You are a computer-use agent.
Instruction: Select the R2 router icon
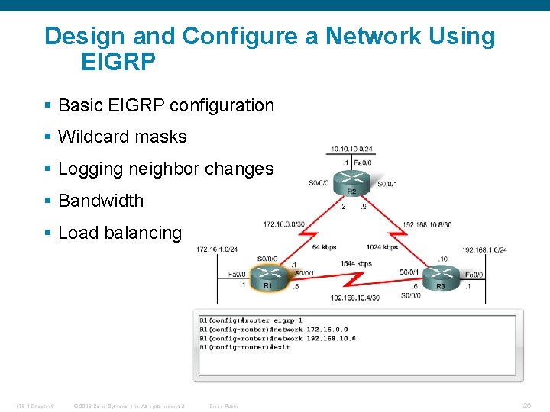click(x=352, y=181)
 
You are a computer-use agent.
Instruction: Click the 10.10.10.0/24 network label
click(x=351, y=149)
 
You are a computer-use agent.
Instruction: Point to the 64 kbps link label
click(x=325, y=247)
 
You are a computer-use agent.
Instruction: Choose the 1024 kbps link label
click(x=381, y=247)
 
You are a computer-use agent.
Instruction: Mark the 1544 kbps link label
click(x=355, y=264)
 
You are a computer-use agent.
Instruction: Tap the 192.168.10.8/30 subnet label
click(x=426, y=225)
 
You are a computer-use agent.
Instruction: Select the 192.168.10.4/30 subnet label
click(x=354, y=298)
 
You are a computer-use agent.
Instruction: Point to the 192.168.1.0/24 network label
click(x=484, y=249)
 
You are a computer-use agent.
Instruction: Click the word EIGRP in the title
click(x=118, y=62)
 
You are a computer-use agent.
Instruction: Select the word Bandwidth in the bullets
click(x=101, y=201)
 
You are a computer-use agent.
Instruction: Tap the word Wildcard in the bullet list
click(x=90, y=137)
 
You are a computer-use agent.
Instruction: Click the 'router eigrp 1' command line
click(x=251, y=320)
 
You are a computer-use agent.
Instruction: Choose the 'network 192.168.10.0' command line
click(x=277, y=339)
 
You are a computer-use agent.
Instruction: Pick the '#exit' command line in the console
click(x=244, y=348)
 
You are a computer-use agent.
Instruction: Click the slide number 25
click(x=527, y=406)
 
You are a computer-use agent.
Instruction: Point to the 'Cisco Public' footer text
click(x=224, y=407)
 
